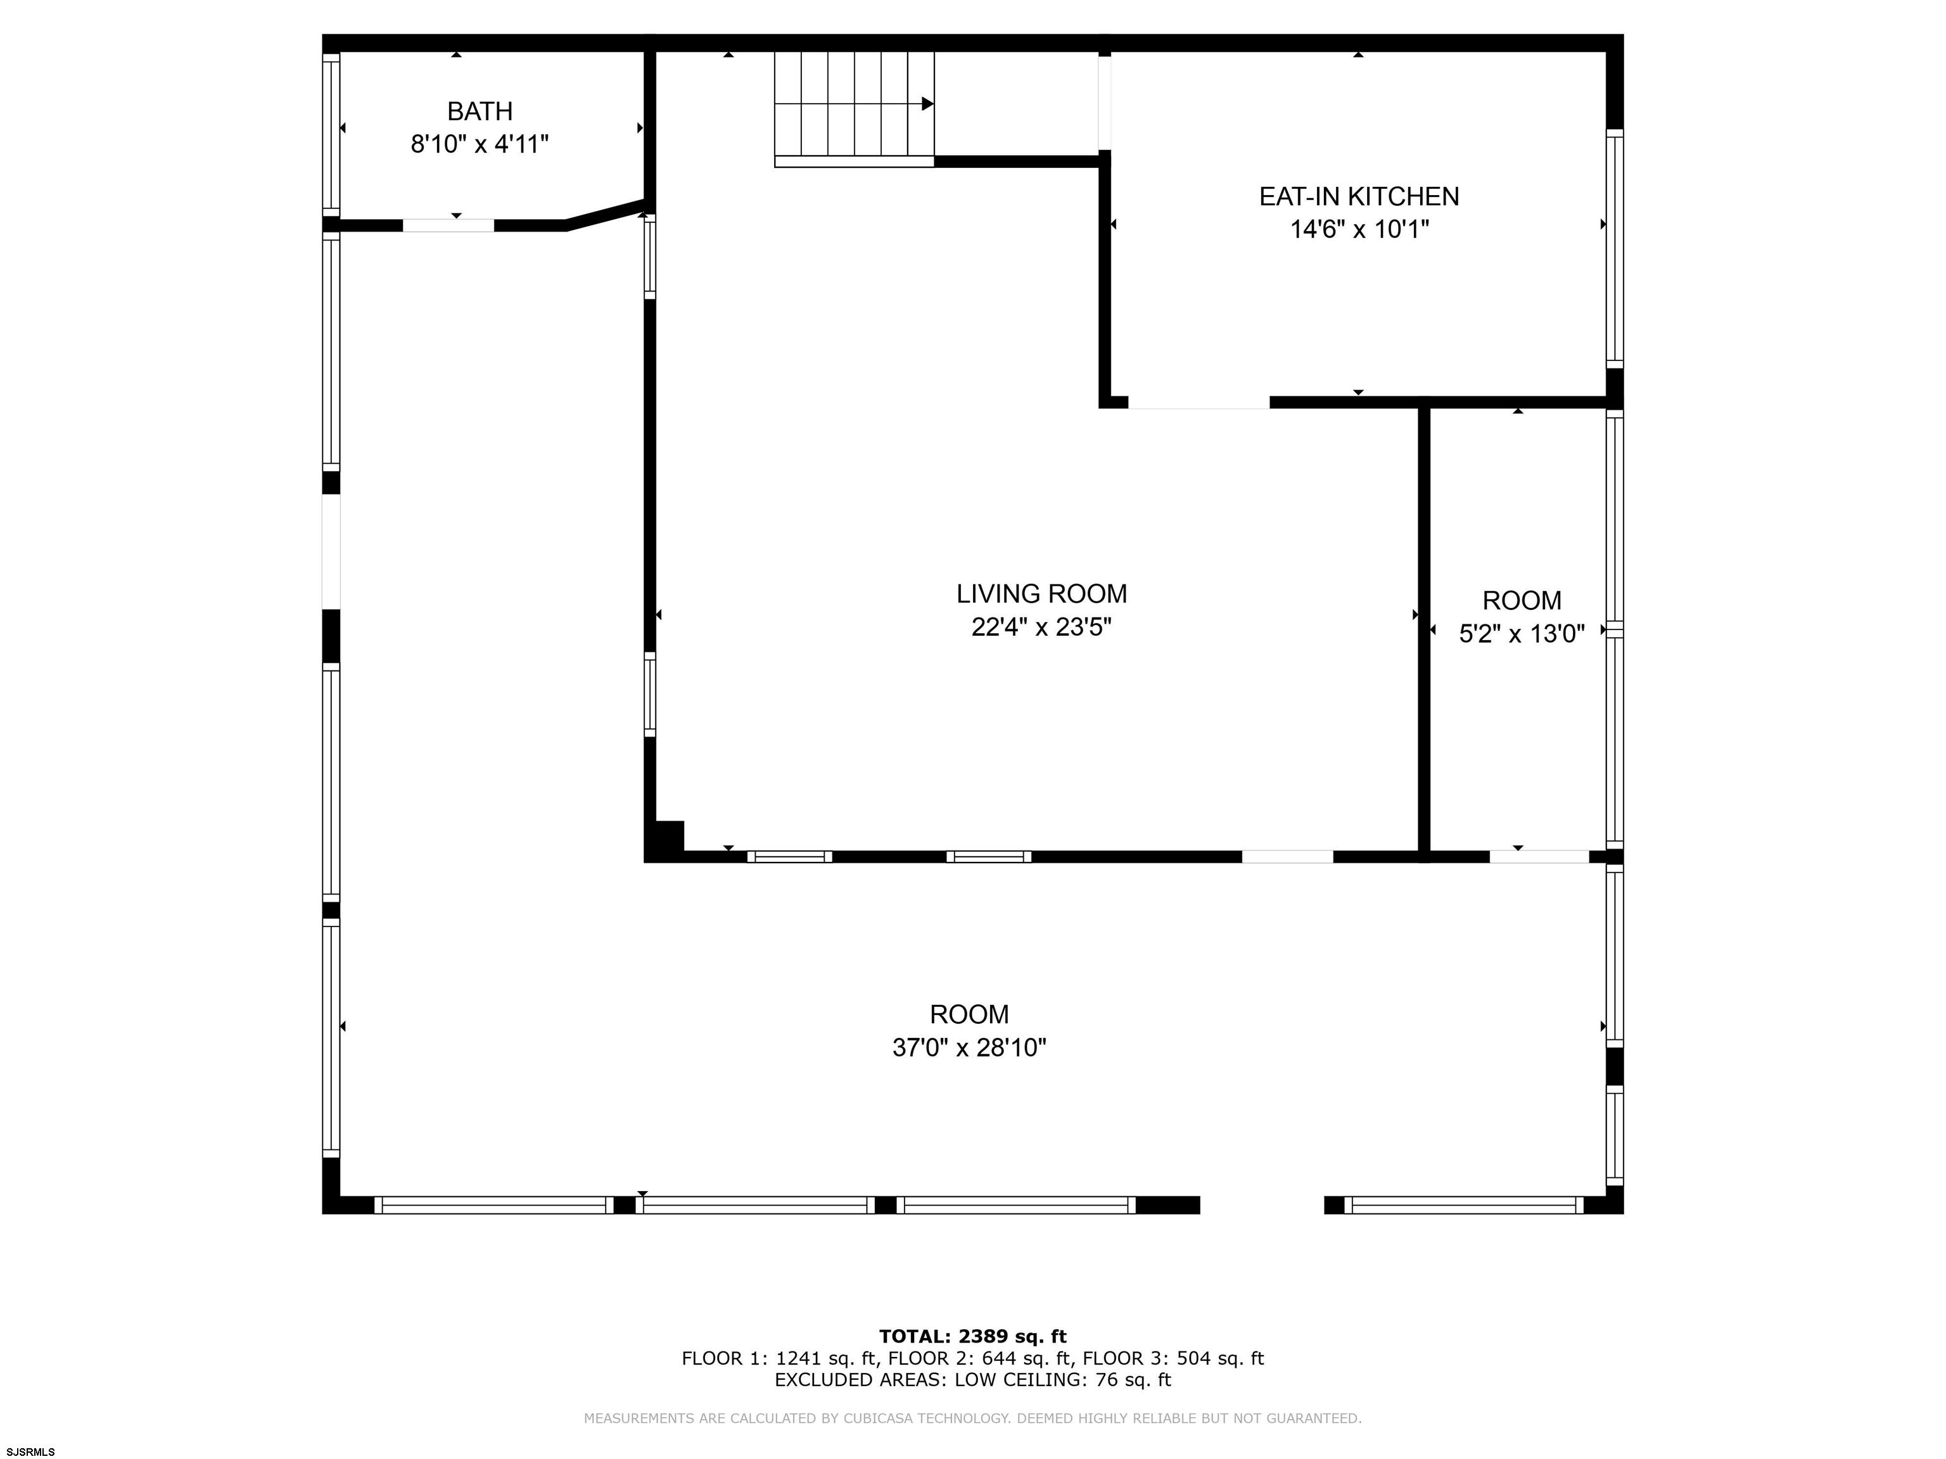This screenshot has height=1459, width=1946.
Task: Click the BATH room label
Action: click(480, 111)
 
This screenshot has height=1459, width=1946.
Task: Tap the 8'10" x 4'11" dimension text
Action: click(480, 144)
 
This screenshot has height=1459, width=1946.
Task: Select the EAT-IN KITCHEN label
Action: click(1358, 196)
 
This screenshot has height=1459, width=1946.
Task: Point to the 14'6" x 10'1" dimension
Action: click(1358, 229)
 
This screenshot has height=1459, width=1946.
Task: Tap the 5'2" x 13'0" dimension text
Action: click(1521, 634)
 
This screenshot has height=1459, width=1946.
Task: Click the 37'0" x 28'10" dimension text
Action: click(969, 1048)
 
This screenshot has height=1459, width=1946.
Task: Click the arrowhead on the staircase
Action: click(927, 104)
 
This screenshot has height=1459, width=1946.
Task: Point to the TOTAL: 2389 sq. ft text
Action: click(972, 1337)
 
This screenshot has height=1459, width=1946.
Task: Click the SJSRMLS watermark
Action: click(31, 1451)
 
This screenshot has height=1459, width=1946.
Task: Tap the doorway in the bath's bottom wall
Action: click(448, 225)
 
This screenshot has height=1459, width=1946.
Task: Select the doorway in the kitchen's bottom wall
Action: click(1199, 403)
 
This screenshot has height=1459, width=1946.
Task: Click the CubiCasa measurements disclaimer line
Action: click(972, 1418)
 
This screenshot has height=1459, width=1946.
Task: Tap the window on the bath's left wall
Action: click(331, 133)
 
